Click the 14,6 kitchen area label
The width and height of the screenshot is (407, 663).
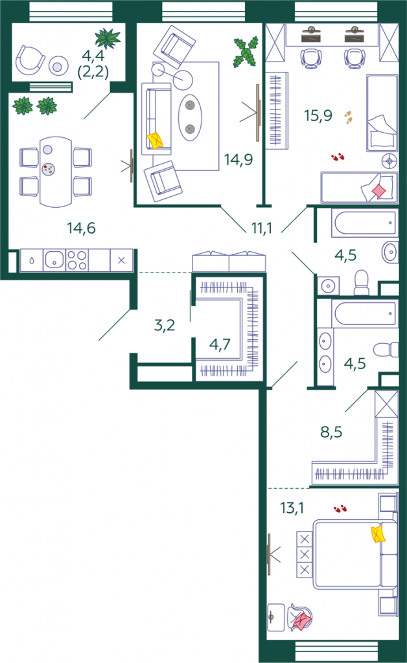81,229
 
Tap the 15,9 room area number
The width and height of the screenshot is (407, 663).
318,115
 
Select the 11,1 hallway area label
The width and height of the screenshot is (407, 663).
262,229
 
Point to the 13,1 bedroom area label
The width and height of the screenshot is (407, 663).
292,508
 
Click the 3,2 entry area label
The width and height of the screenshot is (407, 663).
165,325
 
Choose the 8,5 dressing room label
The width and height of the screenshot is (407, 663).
331,432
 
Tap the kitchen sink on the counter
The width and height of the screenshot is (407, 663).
54,260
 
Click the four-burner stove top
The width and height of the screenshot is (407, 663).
77,260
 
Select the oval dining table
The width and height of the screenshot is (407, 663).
56,171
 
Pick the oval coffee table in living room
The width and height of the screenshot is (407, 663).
190,117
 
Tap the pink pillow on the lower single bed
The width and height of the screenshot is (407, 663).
379,191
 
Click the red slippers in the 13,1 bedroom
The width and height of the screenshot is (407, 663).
340,508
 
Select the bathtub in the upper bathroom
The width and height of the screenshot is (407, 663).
364,223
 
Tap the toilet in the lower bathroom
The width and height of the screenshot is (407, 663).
386,349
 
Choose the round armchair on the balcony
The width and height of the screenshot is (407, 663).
30,60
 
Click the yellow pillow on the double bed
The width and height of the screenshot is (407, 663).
378,534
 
